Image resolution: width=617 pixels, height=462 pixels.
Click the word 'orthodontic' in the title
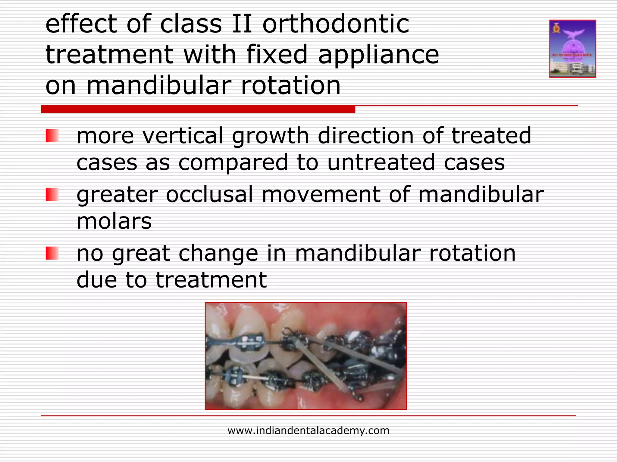pyautogui.click(x=336, y=24)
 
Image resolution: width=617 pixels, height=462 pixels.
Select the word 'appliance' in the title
pyautogui.click(x=378, y=55)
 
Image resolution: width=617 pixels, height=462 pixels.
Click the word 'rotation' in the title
pyautogui.click(x=291, y=85)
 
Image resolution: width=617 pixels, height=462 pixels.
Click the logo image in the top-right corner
pyautogui.click(x=572, y=49)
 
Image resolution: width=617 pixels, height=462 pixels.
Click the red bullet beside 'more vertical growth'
pyautogui.click(x=52, y=136)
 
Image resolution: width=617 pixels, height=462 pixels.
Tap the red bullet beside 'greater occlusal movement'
pyautogui.click(x=52, y=194)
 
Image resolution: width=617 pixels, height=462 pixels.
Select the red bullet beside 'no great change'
pyautogui.click(x=52, y=253)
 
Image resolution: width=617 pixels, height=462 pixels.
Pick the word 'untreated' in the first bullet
pyautogui.click(x=381, y=162)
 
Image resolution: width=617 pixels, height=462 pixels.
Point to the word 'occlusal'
pyautogui.click(x=209, y=194)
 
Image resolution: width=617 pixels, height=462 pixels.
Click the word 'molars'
pyautogui.click(x=114, y=221)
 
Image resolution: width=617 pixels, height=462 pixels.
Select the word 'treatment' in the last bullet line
pyautogui.click(x=211, y=280)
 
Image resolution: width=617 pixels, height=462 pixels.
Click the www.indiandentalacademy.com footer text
pyautogui.click(x=308, y=430)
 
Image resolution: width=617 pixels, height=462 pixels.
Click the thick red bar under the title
pyautogui.click(x=198, y=109)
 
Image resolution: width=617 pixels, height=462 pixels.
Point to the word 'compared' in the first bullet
pyautogui.click(x=233, y=162)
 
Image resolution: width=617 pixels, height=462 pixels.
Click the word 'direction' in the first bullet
pyautogui.click(x=365, y=136)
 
